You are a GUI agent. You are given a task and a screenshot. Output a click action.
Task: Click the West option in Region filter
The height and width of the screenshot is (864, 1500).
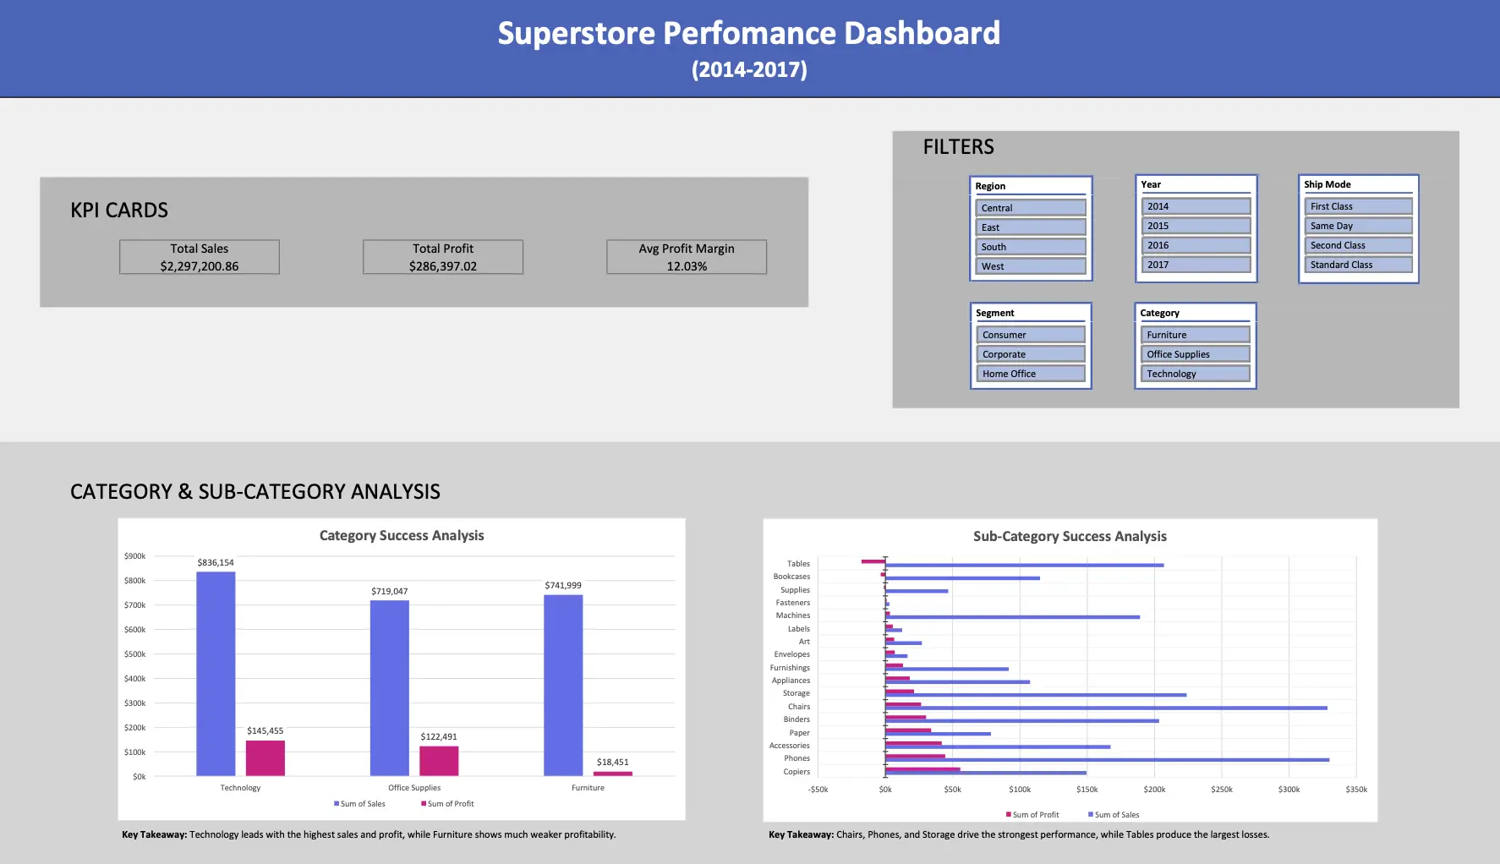[x=1030, y=266]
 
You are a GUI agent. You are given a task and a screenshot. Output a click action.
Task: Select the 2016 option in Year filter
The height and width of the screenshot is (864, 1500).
[x=1196, y=245]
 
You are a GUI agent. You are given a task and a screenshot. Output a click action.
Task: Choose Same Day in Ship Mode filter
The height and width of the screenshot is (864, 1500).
[x=1358, y=226]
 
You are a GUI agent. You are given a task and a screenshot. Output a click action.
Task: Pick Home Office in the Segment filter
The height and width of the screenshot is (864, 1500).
[x=1030, y=374]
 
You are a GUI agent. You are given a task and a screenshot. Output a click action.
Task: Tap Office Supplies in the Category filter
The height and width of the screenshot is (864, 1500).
[x=1196, y=354]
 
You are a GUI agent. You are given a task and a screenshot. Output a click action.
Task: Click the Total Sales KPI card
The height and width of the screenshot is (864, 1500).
[x=200, y=257]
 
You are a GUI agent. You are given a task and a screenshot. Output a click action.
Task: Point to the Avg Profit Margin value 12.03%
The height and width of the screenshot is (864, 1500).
[x=687, y=266]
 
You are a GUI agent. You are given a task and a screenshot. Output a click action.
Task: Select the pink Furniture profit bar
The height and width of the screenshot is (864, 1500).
[x=612, y=774]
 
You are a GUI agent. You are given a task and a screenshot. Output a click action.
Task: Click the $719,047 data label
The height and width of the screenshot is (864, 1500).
[x=389, y=591]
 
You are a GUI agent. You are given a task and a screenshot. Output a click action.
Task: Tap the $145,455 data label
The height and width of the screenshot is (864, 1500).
[x=265, y=730]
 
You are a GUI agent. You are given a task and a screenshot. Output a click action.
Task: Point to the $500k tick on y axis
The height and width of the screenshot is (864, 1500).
[x=134, y=654]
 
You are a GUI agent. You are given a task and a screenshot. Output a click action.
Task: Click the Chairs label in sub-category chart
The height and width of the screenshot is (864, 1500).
[x=798, y=707]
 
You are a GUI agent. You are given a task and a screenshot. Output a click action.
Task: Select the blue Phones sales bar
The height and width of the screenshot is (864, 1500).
[x=1108, y=760]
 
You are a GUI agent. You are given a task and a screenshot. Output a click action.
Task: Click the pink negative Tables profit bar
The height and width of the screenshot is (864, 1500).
[x=873, y=561]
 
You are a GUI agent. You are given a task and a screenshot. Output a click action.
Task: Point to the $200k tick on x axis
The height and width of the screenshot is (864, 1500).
[x=1154, y=790]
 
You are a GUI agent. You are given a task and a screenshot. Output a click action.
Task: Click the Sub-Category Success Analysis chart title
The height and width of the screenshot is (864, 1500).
[x=1070, y=536]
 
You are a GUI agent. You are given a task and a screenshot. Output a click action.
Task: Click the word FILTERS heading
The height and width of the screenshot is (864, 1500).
[x=958, y=147]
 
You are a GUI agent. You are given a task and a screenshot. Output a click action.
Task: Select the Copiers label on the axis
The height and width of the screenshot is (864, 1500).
[x=796, y=772]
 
